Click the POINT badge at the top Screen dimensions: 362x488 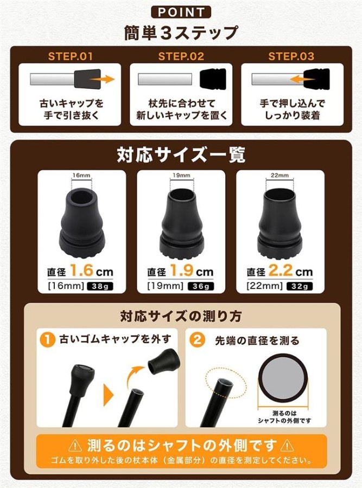pos(181,12)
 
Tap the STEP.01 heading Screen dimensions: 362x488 pos(71,56)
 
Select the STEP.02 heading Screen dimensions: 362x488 pos(181,56)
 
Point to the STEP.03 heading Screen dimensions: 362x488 pos(291,56)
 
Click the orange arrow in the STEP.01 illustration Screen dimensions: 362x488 pos(102,79)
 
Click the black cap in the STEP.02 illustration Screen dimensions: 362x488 pos(213,78)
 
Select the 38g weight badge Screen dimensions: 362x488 pos(100,286)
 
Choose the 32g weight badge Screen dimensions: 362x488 pos(299,286)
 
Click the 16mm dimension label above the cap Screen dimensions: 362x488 pos(81,175)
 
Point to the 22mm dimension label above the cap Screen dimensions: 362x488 pos(280,175)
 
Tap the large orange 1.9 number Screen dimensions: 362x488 pos(182,271)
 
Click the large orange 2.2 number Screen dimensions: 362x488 pos(281,271)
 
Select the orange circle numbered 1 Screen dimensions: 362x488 pos(47,339)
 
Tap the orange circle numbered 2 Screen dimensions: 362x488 pos(197,339)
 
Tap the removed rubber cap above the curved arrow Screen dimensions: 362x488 pos(162,361)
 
